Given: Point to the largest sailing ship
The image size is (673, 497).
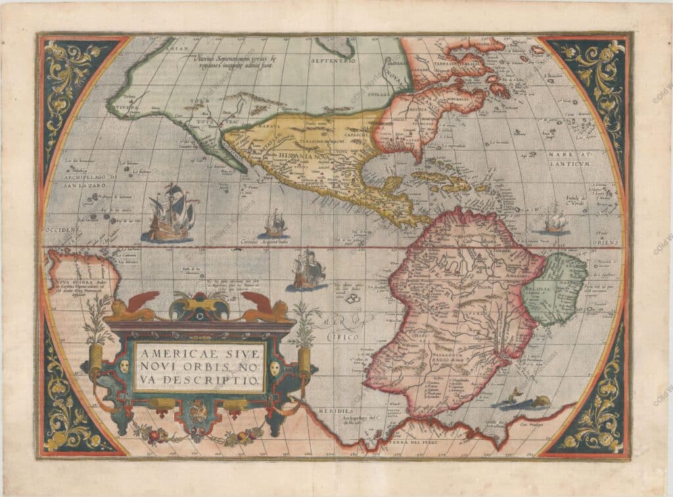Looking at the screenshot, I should (171, 212).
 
